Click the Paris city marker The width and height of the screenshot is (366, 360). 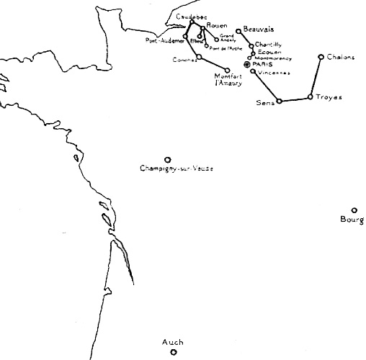[x=247, y=65]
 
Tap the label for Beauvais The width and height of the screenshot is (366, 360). [x=259, y=29]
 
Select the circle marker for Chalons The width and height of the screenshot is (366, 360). [x=321, y=56]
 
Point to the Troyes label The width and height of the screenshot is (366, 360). [x=329, y=97]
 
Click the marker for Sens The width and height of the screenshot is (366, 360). [x=279, y=101]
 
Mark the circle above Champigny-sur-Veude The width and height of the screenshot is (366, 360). [x=168, y=160]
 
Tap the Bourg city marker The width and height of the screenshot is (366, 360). [x=354, y=210]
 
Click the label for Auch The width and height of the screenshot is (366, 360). [x=173, y=343]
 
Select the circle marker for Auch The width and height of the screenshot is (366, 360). [x=173, y=352]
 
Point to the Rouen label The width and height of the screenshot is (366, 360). [x=217, y=26]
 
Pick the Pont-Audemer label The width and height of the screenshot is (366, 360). [x=164, y=40]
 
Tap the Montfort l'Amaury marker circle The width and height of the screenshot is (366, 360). [x=228, y=70]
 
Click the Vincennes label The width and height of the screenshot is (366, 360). [x=274, y=72]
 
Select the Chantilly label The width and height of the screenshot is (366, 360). [x=267, y=45]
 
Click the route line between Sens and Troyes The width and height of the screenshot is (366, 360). [x=294, y=99]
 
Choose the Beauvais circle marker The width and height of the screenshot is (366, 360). [x=238, y=31]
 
